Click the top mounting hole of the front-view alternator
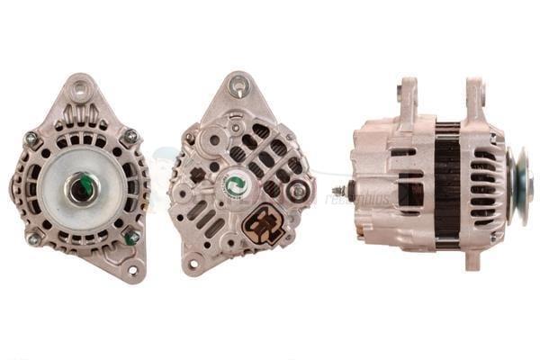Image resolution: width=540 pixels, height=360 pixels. tap(81, 88)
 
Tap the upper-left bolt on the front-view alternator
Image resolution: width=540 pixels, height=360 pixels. tap(31, 138)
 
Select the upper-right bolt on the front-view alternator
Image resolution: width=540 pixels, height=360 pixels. tap(130, 136)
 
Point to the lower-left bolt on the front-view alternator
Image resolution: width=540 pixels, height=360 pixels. tap(33, 238)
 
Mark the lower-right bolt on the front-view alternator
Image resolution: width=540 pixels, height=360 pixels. tap(131, 238)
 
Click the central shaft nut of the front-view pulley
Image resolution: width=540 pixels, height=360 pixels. tap(81, 187)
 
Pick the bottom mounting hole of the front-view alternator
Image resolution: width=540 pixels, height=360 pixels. tap(133, 270)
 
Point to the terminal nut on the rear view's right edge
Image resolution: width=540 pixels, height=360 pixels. tap(298, 191)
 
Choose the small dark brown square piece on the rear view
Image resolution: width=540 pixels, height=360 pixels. tap(197, 175)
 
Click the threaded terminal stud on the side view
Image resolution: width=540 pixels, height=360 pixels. tap(339, 191)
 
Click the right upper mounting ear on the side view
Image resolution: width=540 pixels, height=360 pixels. tap(474, 96)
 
